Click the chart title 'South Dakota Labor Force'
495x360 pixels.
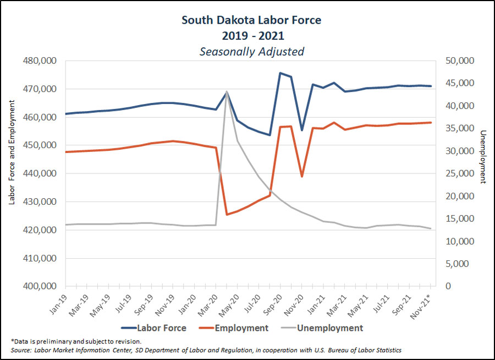[x=251, y=20]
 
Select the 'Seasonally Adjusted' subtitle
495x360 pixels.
[x=251, y=52]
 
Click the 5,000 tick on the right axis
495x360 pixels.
[x=458, y=264]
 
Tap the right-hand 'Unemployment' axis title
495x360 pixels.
[x=483, y=157]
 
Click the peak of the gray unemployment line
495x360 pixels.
[x=227, y=91]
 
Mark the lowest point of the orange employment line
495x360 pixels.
[x=227, y=214]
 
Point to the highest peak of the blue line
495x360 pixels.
[x=280, y=73]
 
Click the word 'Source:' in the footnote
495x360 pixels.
[x=21, y=350]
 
